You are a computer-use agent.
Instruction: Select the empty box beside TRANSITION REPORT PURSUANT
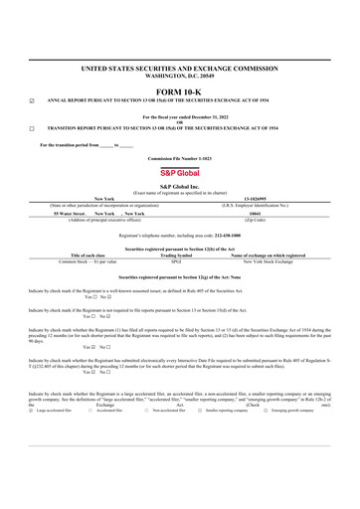tap(31, 128)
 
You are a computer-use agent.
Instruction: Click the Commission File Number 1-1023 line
tap(180, 157)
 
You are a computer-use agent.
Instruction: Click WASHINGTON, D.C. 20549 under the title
tap(181, 75)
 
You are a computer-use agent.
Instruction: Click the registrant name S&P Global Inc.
tap(180, 186)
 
